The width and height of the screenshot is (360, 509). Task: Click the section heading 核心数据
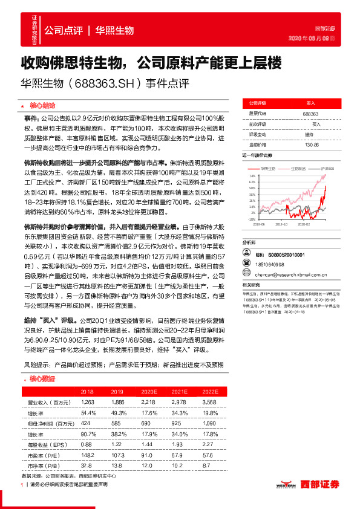pyautogui.click(x=42, y=379)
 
